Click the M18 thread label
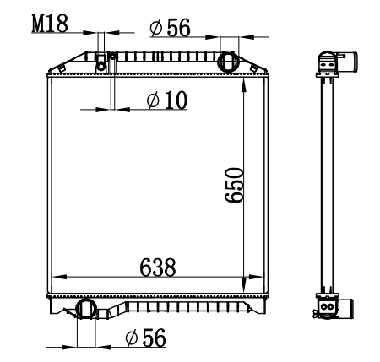[50, 24]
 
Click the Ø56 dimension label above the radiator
[170, 28]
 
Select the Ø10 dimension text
[167, 100]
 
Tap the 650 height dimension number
[234, 185]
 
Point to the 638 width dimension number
[158, 267]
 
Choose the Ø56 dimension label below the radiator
[145, 338]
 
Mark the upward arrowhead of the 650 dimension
[244, 84]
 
